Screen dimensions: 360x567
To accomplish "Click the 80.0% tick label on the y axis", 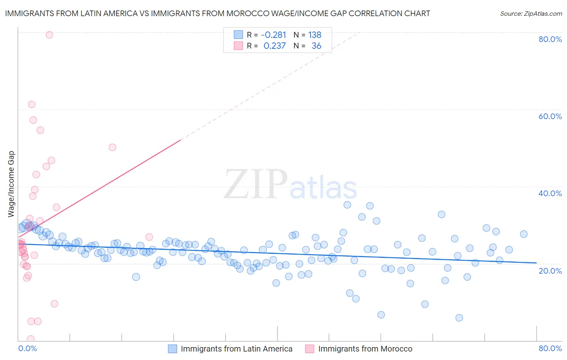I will click(x=550, y=39).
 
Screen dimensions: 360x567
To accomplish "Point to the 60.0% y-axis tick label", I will click(x=550, y=116).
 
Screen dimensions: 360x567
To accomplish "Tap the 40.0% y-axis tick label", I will click(x=550, y=193).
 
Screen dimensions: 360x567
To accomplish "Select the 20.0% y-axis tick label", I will click(x=550, y=271).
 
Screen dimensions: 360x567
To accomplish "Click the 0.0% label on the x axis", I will click(x=27, y=348).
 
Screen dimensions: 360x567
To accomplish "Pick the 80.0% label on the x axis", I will click(x=550, y=348).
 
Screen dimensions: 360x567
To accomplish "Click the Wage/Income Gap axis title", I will click(x=11, y=184).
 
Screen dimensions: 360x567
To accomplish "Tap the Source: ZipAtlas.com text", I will click(x=531, y=13).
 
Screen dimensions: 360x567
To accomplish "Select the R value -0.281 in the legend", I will click(x=273, y=35).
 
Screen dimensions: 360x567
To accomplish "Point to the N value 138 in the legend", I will click(x=315, y=35).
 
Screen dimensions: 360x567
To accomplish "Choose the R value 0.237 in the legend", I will click(x=275, y=46).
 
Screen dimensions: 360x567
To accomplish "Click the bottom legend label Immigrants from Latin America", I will click(x=236, y=349).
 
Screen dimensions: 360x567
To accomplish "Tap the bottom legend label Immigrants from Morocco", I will click(x=365, y=349).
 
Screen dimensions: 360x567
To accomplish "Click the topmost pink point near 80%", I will click(x=49, y=35).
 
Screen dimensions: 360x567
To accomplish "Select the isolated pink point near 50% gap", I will click(x=113, y=147).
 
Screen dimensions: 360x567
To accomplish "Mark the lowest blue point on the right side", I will click(x=459, y=318).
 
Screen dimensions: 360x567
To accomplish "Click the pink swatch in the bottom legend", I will click(x=310, y=349).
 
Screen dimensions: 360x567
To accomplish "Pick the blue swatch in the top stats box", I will click(x=238, y=35).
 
